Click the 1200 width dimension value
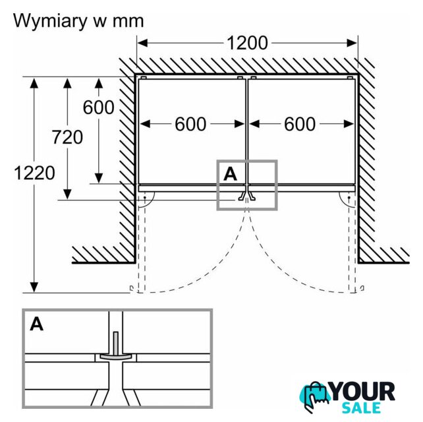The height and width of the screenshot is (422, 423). (x=247, y=43)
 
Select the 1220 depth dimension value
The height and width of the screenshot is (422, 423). (x=32, y=173)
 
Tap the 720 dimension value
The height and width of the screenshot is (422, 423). (x=68, y=137)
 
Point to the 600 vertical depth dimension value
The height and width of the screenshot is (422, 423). (x=99, y=107)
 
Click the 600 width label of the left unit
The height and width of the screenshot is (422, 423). (x=190, y=123)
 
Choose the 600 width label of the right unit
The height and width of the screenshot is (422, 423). (x=300, y=123)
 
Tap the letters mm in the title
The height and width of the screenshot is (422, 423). (x=126, y=21)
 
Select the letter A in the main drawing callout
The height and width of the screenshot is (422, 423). (x=230, y=173)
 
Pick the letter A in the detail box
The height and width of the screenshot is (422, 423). (x=37, y=324)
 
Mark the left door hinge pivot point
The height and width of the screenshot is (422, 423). (x=144, y=197)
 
